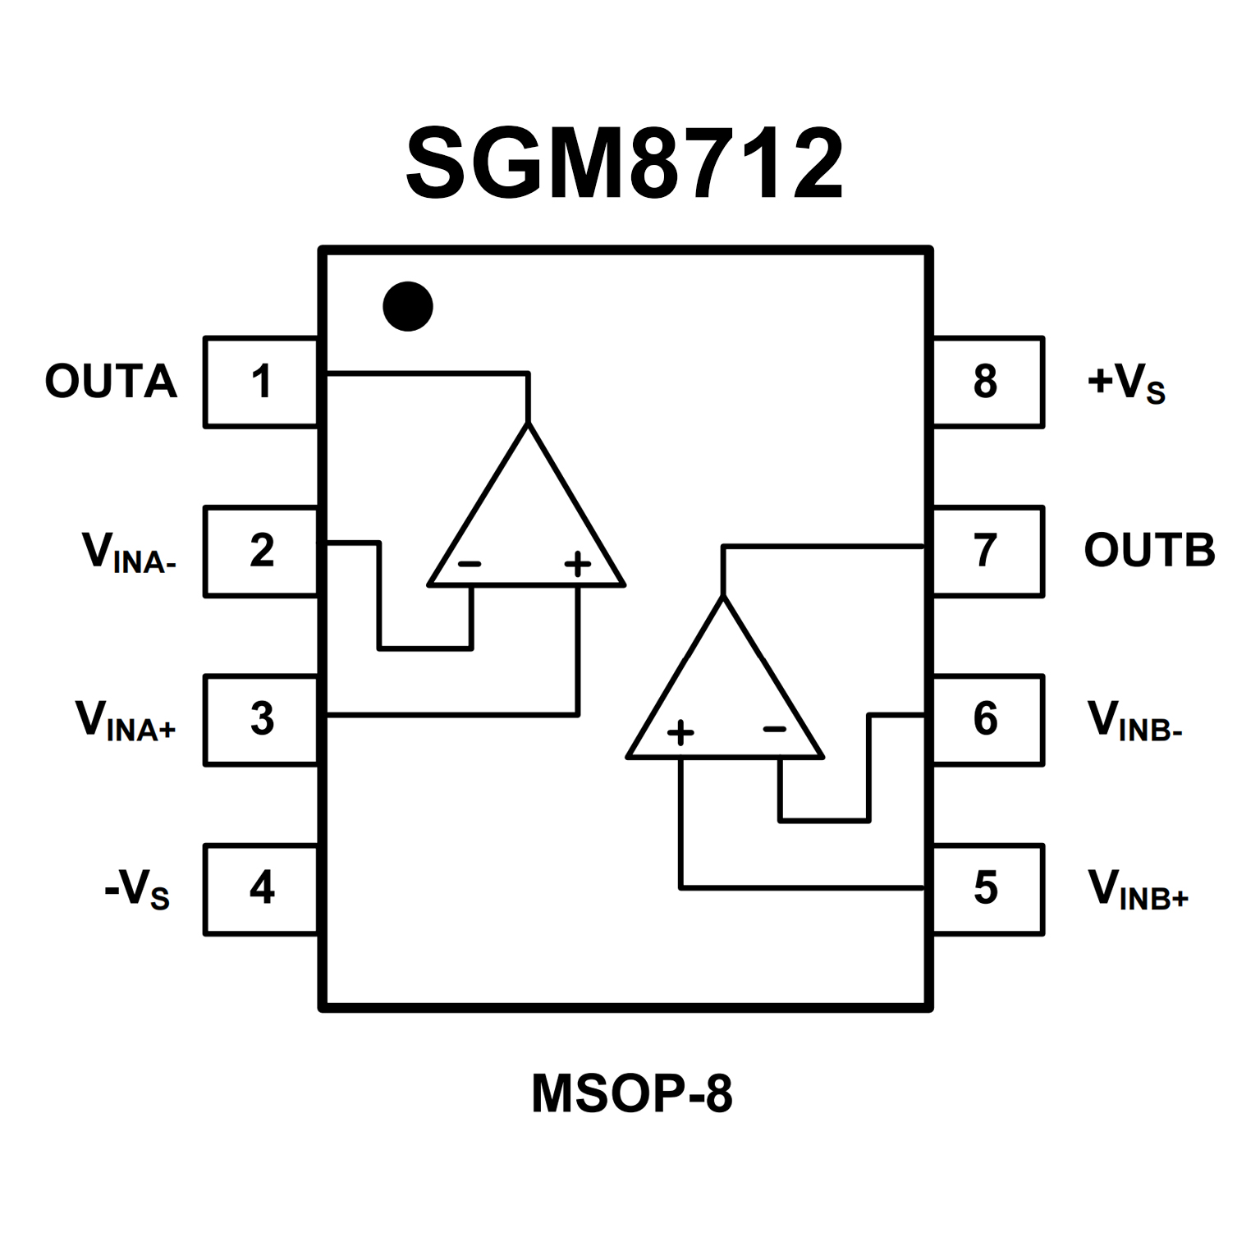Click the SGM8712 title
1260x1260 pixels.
[x=625, y=164]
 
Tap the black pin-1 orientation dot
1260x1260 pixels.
[x=408, y=306]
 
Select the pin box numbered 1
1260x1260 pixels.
[x=261, y=382]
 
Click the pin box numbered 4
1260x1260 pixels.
[x=261, y=888]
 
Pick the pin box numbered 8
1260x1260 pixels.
[x=987, y=382]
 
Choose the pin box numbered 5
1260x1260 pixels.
[x=987, y=888]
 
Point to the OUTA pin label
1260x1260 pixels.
[x=111, y=382]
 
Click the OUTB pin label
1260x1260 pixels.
[x=1149, y=550]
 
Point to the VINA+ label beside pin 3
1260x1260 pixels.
[x=126, y=722]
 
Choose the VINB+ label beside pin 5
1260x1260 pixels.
[x=1138, y=890]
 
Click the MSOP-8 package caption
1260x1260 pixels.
[x=631, y=1093]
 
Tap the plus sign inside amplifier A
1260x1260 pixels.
[x=578, y=564]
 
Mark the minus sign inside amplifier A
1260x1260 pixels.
[x=470, y=564]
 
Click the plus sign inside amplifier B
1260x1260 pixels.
[x=680, y=731]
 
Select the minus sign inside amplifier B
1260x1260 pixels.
[x=775, y=729]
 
